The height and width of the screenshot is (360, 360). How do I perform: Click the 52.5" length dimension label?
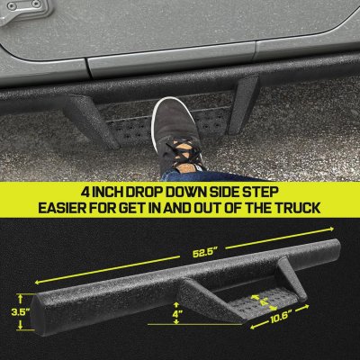pos(205,253)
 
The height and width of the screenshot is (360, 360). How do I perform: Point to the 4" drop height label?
pos(177,314)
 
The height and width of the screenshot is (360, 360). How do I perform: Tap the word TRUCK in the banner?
pos(298,208)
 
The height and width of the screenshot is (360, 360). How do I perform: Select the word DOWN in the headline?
pos(186,193)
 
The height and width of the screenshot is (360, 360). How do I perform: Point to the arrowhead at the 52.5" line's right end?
pos(331,229)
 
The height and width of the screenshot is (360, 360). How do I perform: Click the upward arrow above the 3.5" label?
pos(20,300)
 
